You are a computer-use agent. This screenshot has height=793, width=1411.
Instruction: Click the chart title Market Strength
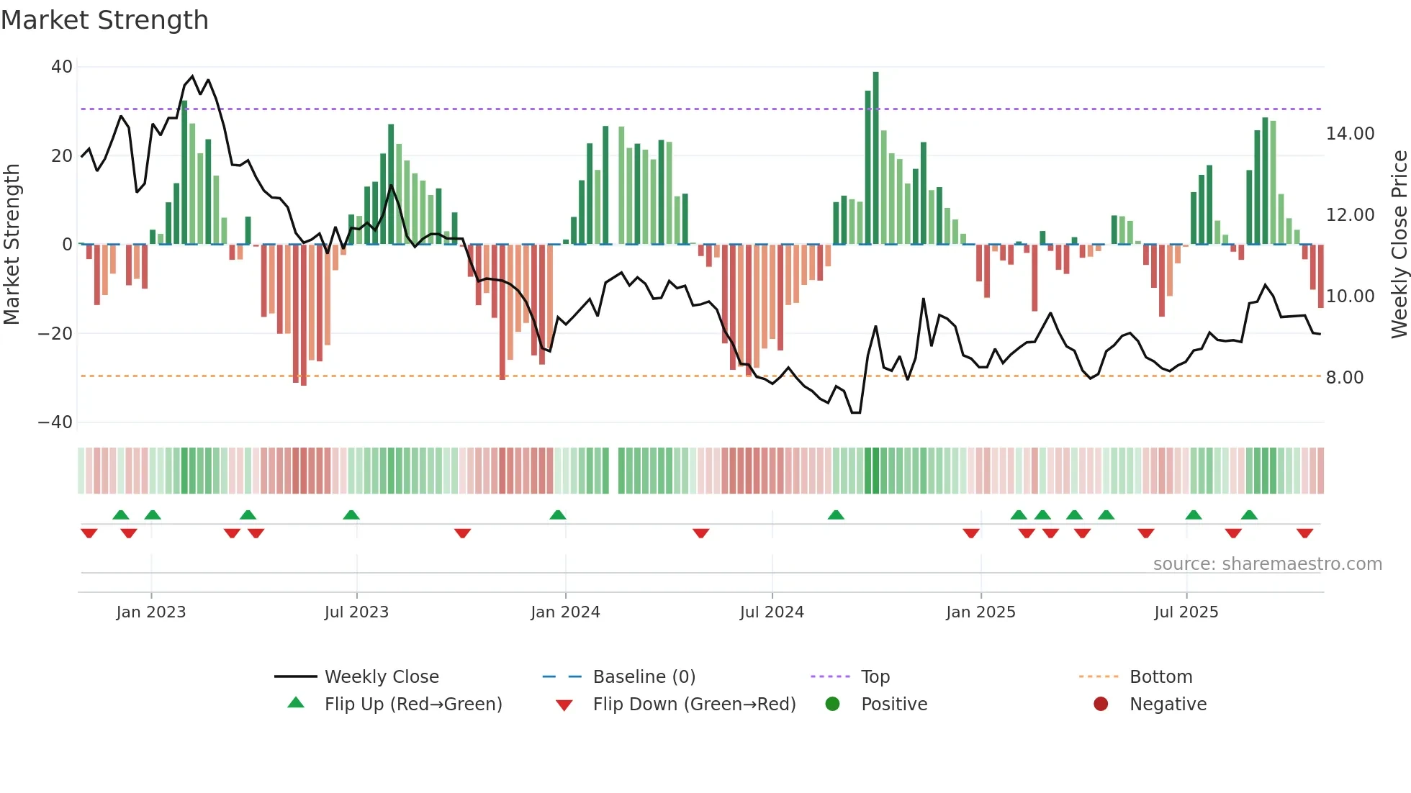(104, 20)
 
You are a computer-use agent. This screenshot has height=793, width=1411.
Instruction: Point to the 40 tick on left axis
(62, 67)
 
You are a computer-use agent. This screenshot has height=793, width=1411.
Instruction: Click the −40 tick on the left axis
(55, 422)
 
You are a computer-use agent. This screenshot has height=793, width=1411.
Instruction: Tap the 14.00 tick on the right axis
(1350, 134)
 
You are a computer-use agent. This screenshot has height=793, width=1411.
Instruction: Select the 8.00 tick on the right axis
(1344, 378)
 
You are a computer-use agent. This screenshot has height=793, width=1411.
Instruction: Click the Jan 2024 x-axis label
(565, 612)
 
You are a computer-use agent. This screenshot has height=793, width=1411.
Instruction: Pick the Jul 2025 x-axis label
(1186, 612)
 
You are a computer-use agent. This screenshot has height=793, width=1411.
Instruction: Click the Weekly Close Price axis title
(1399, 245)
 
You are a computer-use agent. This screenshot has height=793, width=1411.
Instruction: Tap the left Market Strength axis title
(12, 245)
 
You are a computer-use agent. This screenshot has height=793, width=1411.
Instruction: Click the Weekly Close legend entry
(381, 677)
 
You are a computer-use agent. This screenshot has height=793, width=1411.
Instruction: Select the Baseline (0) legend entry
(644, 677)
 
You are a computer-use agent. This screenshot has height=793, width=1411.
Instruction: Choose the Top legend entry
(875, 677)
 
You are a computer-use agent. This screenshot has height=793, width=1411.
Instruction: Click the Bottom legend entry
(1160, 677)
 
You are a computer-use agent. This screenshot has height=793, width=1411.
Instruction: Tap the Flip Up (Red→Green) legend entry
(413, 704)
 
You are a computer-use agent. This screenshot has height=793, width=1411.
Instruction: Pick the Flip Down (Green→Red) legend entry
(694, 704)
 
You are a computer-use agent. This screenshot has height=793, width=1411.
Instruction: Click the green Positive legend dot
(833, 704)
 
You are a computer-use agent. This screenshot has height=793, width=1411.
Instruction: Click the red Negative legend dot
(1101, 704)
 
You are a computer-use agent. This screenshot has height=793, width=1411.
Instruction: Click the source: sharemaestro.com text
(1267, 564)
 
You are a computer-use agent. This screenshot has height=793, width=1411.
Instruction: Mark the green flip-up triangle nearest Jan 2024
(558, 515)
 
